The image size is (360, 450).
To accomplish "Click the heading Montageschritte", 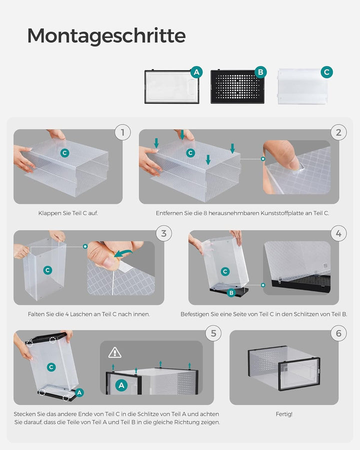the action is [x=106, y=36].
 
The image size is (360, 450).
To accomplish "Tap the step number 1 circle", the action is [x=122, y=132].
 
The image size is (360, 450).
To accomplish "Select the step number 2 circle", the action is [x=339, y=132].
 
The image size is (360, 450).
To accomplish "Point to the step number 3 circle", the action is [x=164, y=233].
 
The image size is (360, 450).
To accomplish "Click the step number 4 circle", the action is [x=339, y=233].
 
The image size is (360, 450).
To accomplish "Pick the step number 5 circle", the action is [x=213, y=333].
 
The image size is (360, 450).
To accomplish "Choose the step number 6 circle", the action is [x=339, y=333].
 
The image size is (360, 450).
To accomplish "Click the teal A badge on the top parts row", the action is [x=196, y=72].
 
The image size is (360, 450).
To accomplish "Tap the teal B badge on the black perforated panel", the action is [x=260, y=72].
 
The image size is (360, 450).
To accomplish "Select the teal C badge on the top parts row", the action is [x=326, y=72].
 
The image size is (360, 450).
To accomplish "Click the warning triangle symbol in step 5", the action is [x=115, y=352].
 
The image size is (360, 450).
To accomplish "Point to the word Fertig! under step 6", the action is [x=284, y=414].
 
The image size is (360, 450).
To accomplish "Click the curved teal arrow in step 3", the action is [x=123, y=253].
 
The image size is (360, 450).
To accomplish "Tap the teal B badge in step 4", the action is [x=231, y=292].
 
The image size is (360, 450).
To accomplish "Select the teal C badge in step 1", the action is [x=65, y=153].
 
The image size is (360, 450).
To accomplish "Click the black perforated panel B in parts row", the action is [x=237, y=86].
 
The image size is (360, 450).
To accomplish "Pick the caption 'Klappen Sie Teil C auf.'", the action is [x=68, y=213].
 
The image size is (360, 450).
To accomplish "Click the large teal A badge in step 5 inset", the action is [x=121, y=385].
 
